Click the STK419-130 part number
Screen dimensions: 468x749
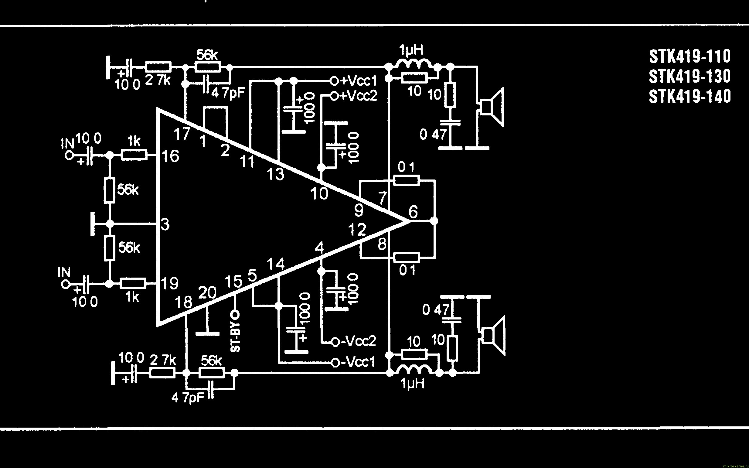689,77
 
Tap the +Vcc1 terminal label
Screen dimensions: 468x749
358,81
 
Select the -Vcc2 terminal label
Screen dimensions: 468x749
358,341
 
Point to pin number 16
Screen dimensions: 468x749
171,156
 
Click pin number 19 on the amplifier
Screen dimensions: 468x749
170,283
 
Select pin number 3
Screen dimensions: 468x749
165,224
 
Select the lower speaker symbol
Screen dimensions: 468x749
494,336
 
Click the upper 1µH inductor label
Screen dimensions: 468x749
411,50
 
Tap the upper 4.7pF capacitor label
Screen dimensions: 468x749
228,92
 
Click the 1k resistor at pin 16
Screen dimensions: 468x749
134,155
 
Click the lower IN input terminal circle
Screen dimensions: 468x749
65,284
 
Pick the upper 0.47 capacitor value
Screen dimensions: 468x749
433,134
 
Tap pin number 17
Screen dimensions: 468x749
182,134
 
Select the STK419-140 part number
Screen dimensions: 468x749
689,96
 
